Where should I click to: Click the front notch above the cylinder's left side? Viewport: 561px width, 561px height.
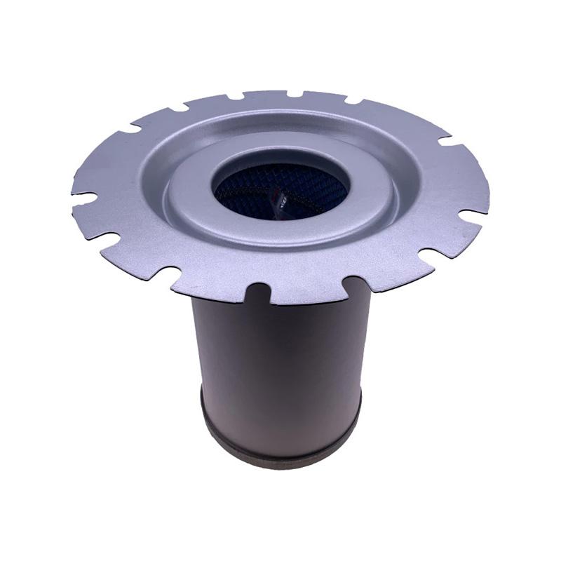[258, 289]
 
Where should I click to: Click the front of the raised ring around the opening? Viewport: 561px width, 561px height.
[280, 231]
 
